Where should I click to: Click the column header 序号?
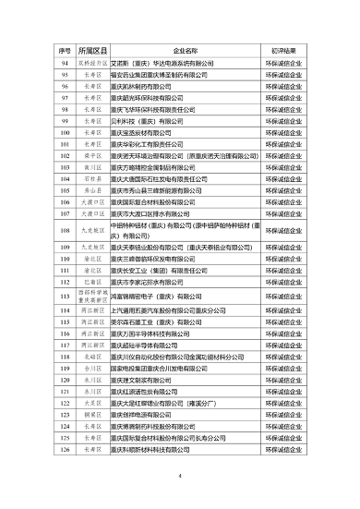[x=66, y=48]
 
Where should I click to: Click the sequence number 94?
[x=66, y=64]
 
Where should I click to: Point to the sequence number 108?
[x=66, y=230]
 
